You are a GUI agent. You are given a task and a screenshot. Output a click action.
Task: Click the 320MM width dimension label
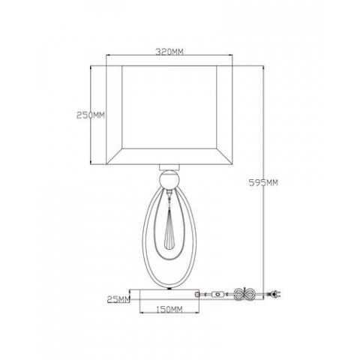coord(170,52)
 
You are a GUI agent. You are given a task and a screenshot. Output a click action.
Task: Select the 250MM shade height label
coord(89,115)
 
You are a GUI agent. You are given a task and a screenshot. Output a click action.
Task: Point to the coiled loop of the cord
coord(244,294)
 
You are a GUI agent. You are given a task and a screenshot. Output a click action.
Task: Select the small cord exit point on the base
coord(199,295)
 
